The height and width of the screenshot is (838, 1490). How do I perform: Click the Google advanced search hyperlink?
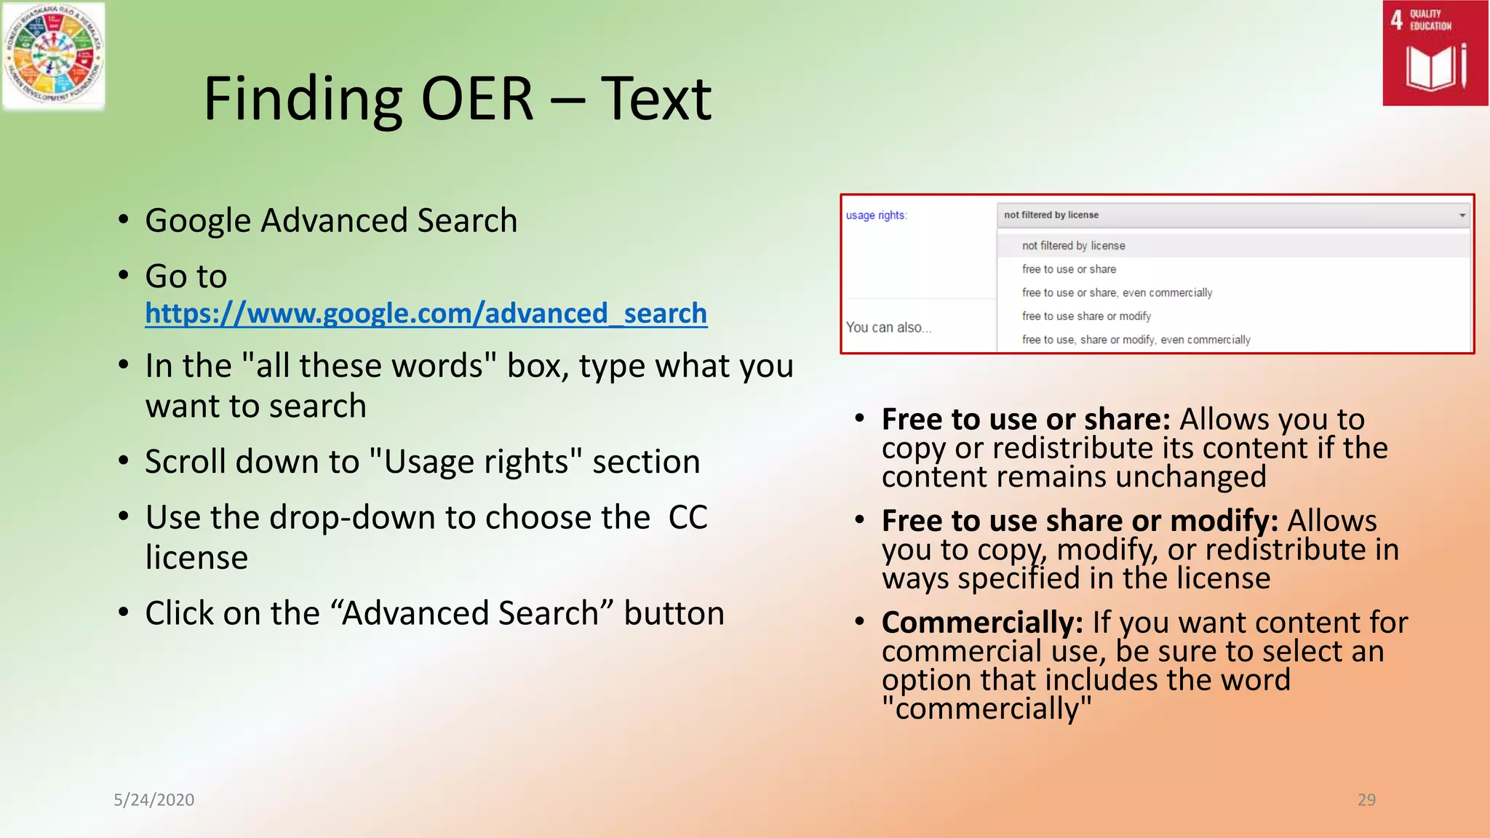(x=426, y=314)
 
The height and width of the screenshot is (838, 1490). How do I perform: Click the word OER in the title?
(x=477, y=99)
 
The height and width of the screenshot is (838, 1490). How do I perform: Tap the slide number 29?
(x=1366, y=799)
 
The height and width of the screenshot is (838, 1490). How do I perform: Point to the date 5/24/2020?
(x=154, y=799)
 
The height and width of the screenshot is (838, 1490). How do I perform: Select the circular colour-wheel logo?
(x=52, y=55)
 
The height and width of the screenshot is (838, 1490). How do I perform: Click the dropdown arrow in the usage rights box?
(x=1462, y=215)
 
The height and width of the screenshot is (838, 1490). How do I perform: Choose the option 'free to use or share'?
(x=1068, y=269)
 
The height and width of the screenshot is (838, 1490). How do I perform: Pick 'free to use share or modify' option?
(x=1085, y=316)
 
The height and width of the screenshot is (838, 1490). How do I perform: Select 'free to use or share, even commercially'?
(x=1116, y=292)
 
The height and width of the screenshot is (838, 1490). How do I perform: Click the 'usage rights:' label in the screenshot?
(x=876, y=215)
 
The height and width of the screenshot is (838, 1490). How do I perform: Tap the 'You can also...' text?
(x=888, y=327)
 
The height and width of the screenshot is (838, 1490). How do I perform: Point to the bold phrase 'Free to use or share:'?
(x=1025, y=420)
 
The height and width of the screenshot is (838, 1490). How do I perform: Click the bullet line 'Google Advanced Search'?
(x=331, y=220)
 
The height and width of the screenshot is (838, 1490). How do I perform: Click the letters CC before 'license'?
(x=688, y=518)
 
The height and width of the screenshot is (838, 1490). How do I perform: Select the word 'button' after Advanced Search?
(x=674, y=613)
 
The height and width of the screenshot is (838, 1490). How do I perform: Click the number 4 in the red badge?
(x=1396, y=20)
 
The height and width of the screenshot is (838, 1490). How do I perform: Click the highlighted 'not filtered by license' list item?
(x=1073, y=246)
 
